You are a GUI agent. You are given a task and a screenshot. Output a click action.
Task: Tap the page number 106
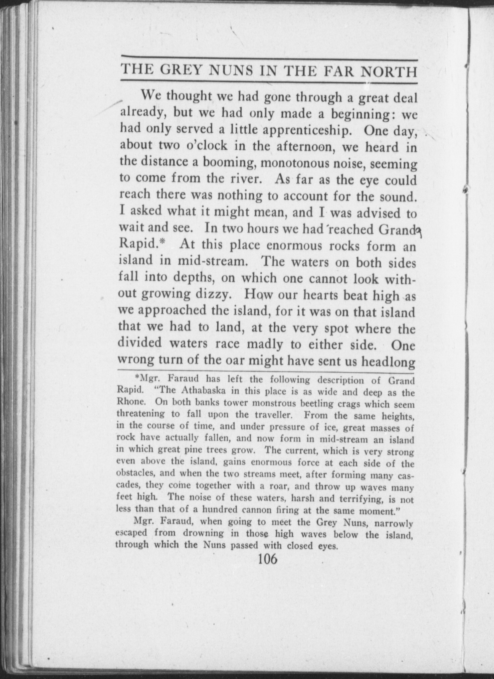tap(267, 558)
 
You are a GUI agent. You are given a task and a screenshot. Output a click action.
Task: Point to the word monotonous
tap(296, 163)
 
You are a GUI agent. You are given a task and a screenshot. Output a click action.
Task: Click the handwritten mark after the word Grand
tap(419, 231)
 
